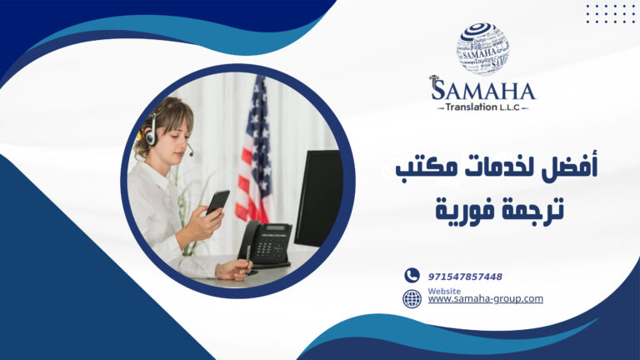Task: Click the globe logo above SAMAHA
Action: pyautogui.click(x=482, y=48)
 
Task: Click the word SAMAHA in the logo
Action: pyautogui.click(x=482, y=89)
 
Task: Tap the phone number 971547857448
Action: pyautogui.click(x=465, y=277)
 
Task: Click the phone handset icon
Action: pyautogui.click(x=412, y=276)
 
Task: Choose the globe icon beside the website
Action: pyautogui.click(x=412, y=298)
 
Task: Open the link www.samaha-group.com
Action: pyautogui.click(x=485, y=298)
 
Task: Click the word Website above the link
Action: pyautogui.click(x=443, y=291)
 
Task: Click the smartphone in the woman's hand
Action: pyautogui.click(x=218, y=201)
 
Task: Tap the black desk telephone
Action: pyautogui.click(x=265, y=242)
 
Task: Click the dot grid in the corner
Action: pyautogui.click(x=610, y=13)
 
